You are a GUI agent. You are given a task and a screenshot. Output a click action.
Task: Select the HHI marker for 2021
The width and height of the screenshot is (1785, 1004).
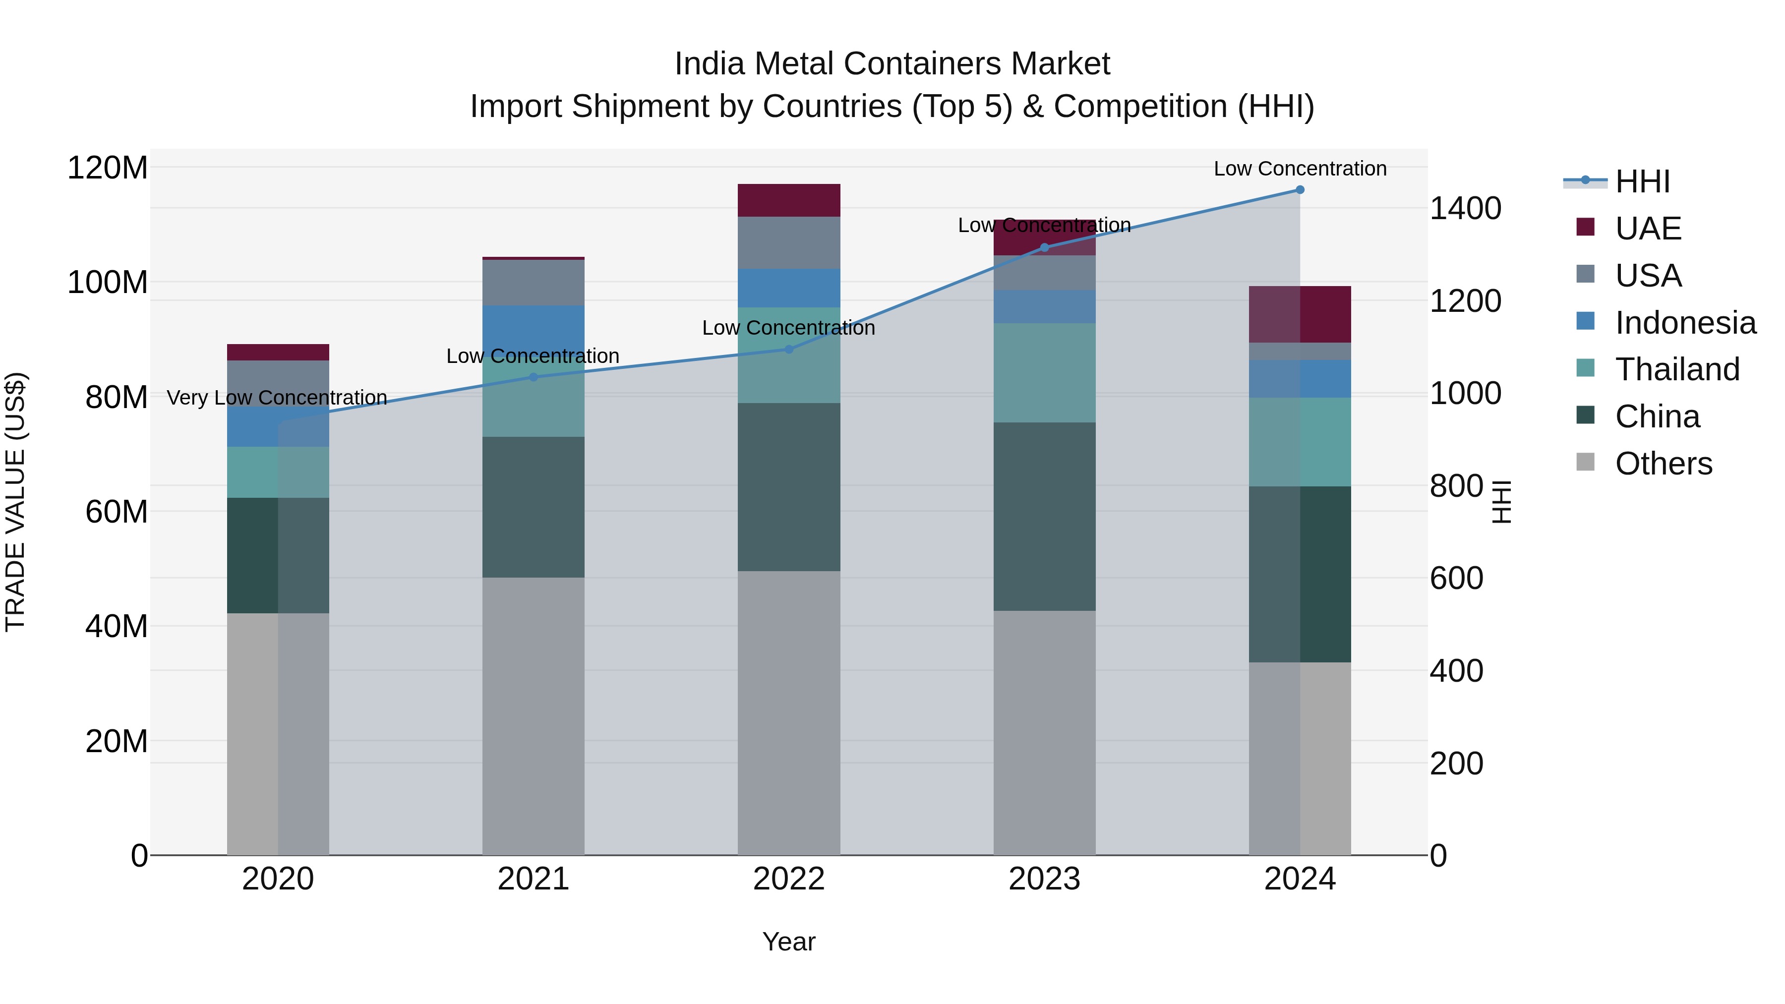click(533, 378)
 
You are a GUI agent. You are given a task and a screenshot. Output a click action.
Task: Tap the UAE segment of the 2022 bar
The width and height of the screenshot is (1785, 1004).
click(788, 200)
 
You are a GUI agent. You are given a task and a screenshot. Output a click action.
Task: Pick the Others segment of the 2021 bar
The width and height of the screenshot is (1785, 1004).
click(533, 716)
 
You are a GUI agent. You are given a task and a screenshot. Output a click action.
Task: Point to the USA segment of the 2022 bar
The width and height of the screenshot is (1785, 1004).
click(788, 242)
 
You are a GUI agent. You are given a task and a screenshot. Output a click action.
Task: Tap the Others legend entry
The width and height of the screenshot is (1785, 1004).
click(1663, 464)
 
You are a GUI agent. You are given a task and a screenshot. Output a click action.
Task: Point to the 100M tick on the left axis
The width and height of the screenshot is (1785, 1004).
click(108, 283)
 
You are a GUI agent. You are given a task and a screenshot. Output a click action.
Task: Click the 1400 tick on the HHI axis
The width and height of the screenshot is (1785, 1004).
click(1465, 209)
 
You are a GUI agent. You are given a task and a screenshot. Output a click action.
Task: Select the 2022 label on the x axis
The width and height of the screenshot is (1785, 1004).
click(788, 879)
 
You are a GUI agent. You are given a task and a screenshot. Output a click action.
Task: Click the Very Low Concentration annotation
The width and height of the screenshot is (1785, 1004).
click(277, 398)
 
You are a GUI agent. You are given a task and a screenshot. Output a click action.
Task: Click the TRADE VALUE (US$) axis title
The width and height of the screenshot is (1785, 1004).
click(15, 502)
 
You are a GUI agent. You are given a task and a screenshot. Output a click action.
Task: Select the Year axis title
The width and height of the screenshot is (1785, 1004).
click(788, 942)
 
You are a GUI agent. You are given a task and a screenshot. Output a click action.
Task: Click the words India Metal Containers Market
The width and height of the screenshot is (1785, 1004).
click(892, 64)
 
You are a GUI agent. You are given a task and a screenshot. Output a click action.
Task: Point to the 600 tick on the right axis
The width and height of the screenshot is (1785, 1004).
click(1456, 579)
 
